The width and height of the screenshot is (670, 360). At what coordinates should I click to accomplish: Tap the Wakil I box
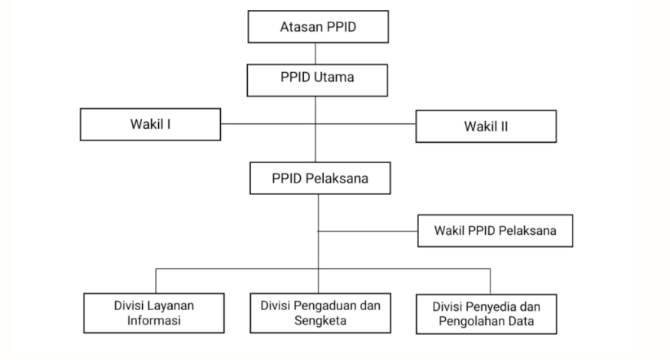pyautogui.click(x=150, y=125)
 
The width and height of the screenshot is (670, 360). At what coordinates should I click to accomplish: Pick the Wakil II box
pyautogui.click(x=487, y=126)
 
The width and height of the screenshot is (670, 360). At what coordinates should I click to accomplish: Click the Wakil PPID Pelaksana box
pyautogui.click(x=496, y=230)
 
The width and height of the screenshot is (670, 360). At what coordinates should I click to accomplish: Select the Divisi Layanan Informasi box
pyautogui.click(x=155, y=312)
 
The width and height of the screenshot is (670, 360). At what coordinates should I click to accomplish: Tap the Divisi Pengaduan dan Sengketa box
pyautogui.click(x=321, y=312)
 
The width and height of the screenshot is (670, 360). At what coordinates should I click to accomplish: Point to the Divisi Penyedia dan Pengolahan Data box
pyautogui.click(x=486, y=313)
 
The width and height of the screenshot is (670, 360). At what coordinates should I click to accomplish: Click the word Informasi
pyautogui.click(x=155, y=321)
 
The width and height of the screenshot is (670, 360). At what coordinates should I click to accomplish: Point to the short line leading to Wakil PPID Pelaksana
pyautogui.click(x=368, y=230)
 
